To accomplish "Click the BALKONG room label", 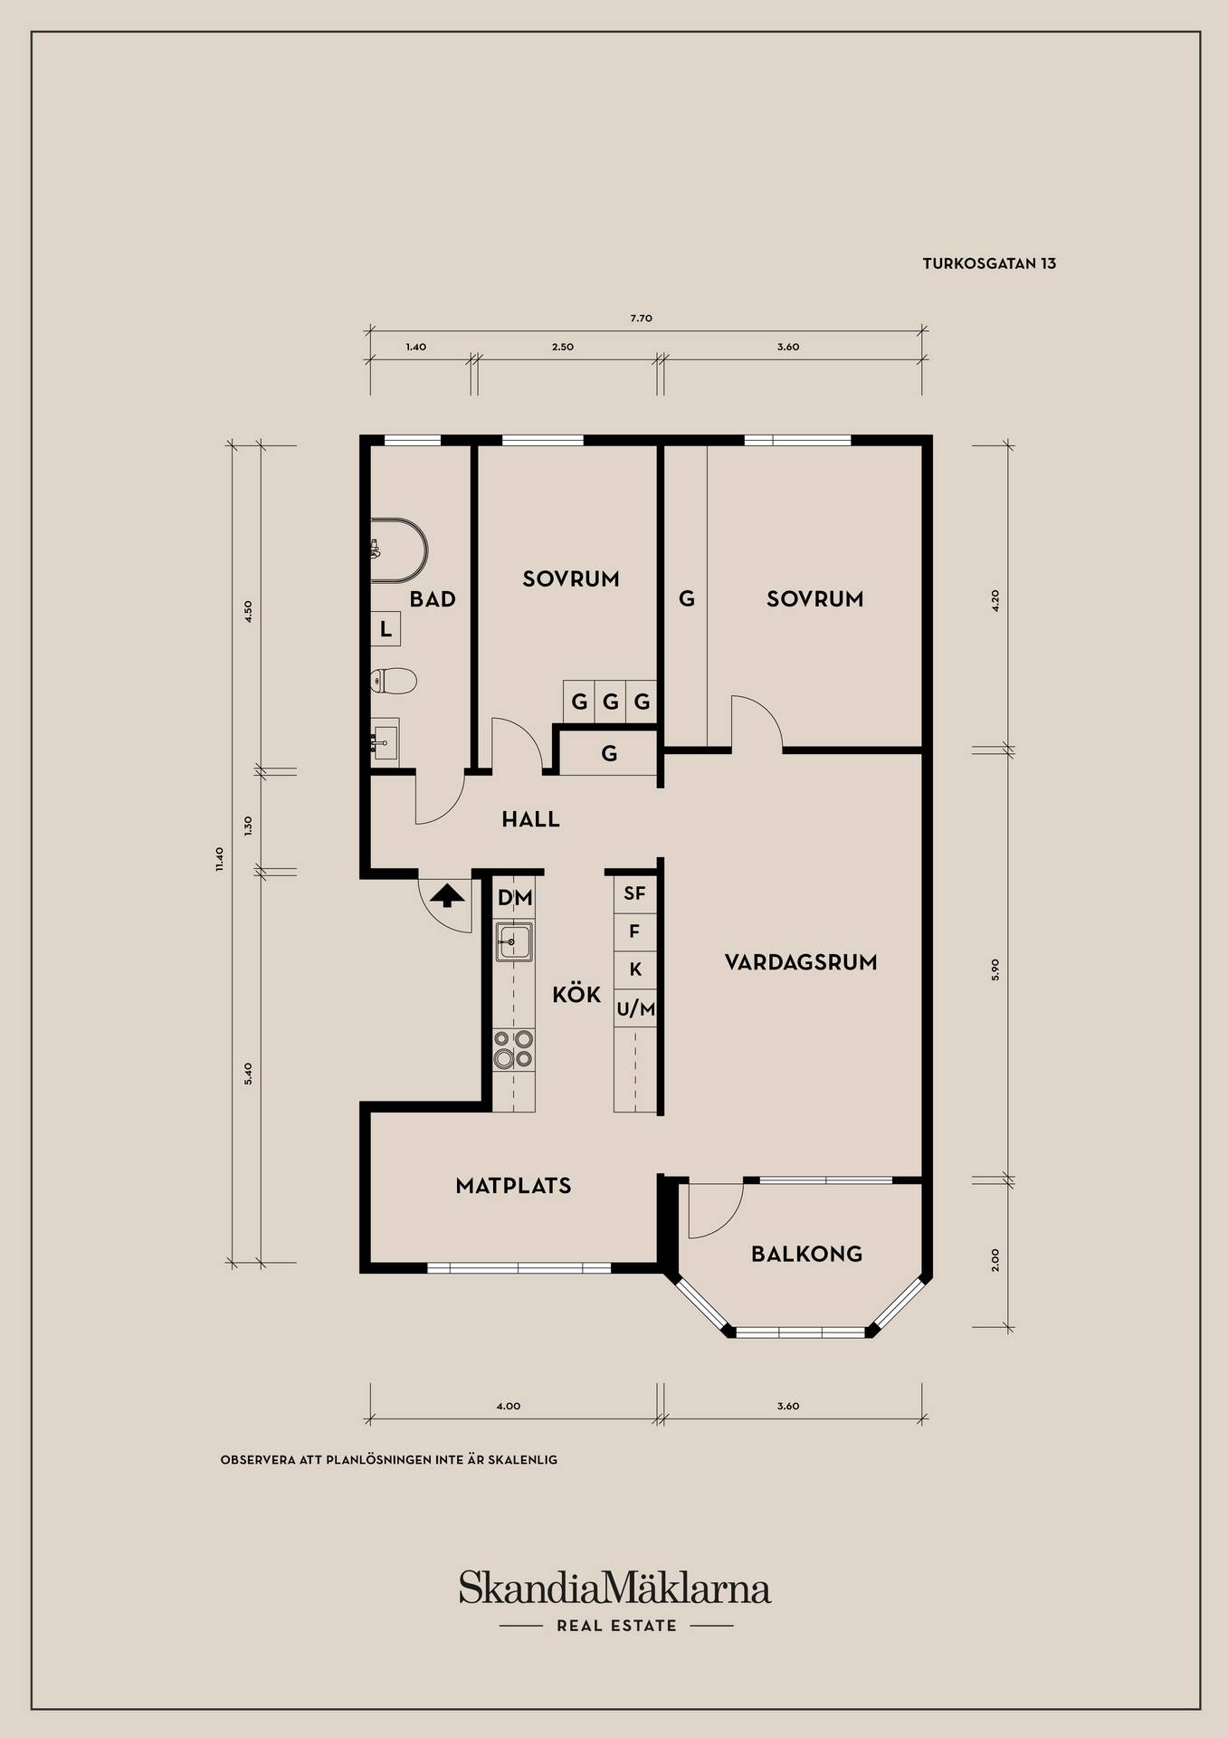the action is [806, 1254].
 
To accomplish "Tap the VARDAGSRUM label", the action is [801, 962].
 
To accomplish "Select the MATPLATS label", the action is [513, 1186].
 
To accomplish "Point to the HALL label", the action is [531, 819].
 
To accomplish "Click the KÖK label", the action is [576, 994].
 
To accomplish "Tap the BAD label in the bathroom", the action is [433, 599].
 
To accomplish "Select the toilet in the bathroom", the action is [393, 681].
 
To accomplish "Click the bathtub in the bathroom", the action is [399, 550].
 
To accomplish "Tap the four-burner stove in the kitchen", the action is [513, 1050].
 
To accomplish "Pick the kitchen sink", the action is [513, 942].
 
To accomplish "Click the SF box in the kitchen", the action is [635, 893].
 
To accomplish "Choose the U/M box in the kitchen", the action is [635, 1008].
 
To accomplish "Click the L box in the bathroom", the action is [386, 629].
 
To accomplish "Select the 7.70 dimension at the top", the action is [641, 319].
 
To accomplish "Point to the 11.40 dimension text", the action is [218, 859].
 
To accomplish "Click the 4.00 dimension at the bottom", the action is [509, 1407].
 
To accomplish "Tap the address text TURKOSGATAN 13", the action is [989, 264].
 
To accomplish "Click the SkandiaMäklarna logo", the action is [614, 1588].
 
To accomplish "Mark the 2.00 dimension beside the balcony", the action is [995, 1260].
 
